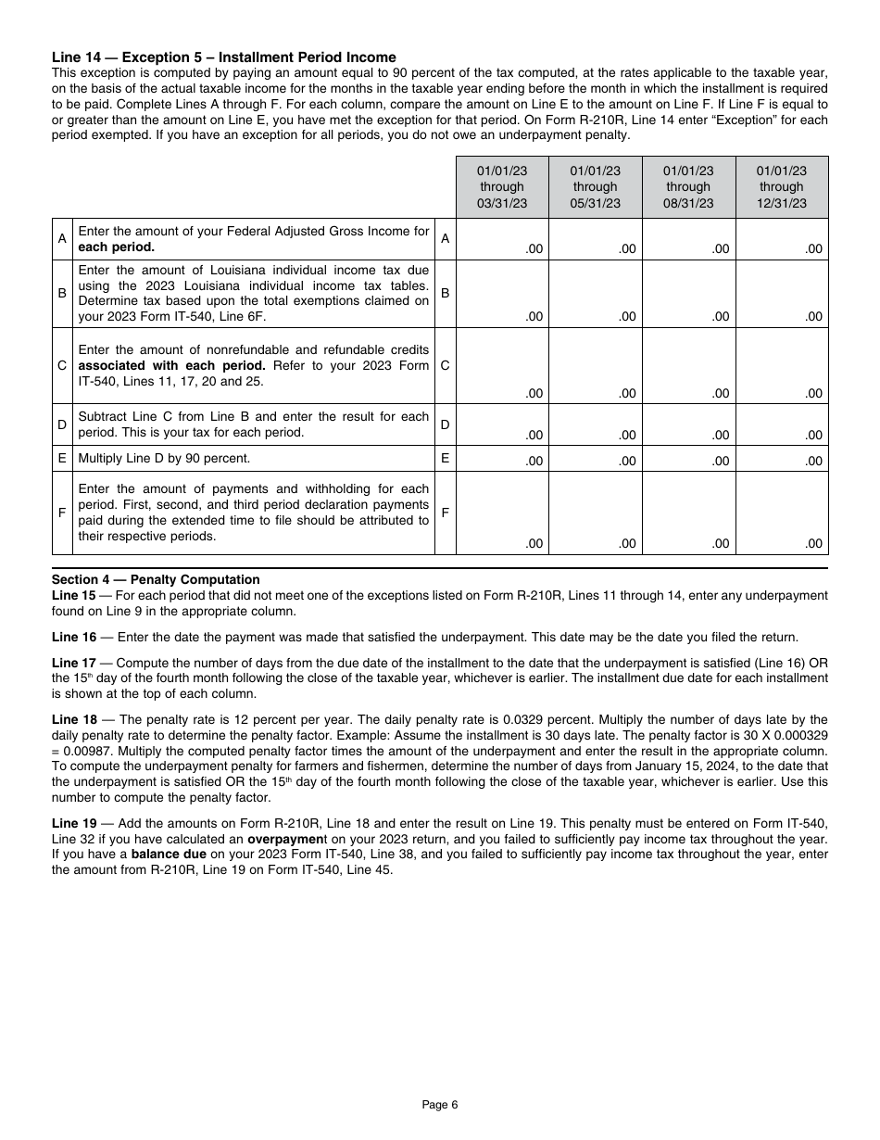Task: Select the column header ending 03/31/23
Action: [502, 187]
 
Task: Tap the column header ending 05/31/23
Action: [595, 187]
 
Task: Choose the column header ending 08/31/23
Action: [688, 187]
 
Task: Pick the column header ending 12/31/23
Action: [782, 187]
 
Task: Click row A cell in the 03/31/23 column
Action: [502, 239]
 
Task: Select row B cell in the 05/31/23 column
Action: [595, 294]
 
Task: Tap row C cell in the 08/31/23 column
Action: [688, 365]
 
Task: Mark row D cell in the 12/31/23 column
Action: [782, 424]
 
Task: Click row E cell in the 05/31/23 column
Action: [595, 459]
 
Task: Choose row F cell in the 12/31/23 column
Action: [782, 513]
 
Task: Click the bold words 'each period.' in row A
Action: [116, 247]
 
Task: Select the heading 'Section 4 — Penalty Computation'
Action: [156, 580]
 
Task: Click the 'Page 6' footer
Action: [439, 1104]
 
